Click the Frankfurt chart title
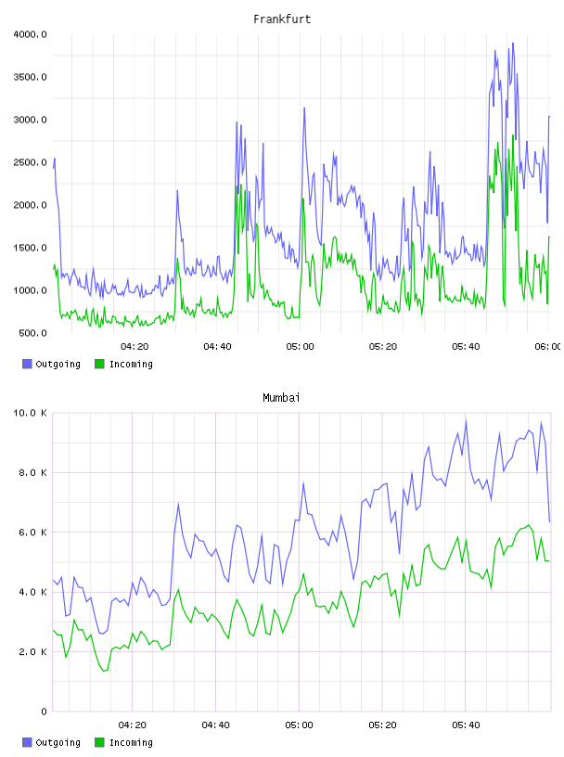[282, 19]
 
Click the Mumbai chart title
[281, 398]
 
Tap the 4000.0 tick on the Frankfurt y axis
[31, 34]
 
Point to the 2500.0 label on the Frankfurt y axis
[31, 162]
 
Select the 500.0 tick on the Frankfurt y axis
[32, 333]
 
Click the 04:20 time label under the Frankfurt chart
[135, 347]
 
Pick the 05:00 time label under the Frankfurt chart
[300, 347]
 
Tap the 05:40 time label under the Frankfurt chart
[466, 347]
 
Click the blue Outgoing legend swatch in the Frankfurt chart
[27, 364]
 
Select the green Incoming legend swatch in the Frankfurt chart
[99, 364]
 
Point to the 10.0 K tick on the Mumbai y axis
[31, 413]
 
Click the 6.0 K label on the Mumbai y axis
[32, 532]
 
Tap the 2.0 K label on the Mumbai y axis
[32, 652]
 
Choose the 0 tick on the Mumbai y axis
[44, 712]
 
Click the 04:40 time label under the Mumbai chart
[216, 725]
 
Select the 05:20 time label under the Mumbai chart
[382, 725]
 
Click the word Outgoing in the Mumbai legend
[58, 742]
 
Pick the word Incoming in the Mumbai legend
[131, 742]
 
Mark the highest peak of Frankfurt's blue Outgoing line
[513, 43]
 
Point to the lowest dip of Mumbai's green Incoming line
[104, 671]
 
